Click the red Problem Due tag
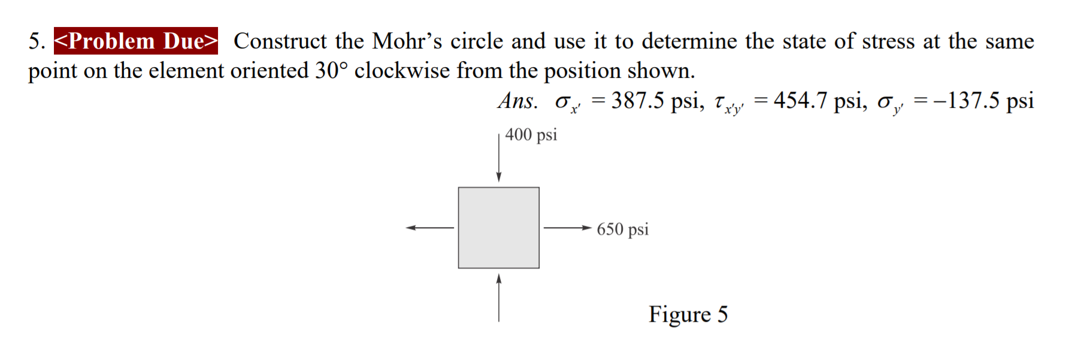tap(136, 41)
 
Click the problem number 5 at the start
tap(36, 41)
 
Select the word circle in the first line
tap(477, 41)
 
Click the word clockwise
tap(402, 71)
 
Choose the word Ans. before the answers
tap(517, 101)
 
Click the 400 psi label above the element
tap(531, 135)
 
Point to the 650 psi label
tap(622, 229)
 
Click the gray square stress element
tap(498, 228)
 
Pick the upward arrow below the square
tap(499, 298)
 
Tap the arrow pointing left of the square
tap(429, 228)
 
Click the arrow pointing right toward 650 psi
tap(568, 228)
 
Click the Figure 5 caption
tap(688, 314)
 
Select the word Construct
tap(280, 41)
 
